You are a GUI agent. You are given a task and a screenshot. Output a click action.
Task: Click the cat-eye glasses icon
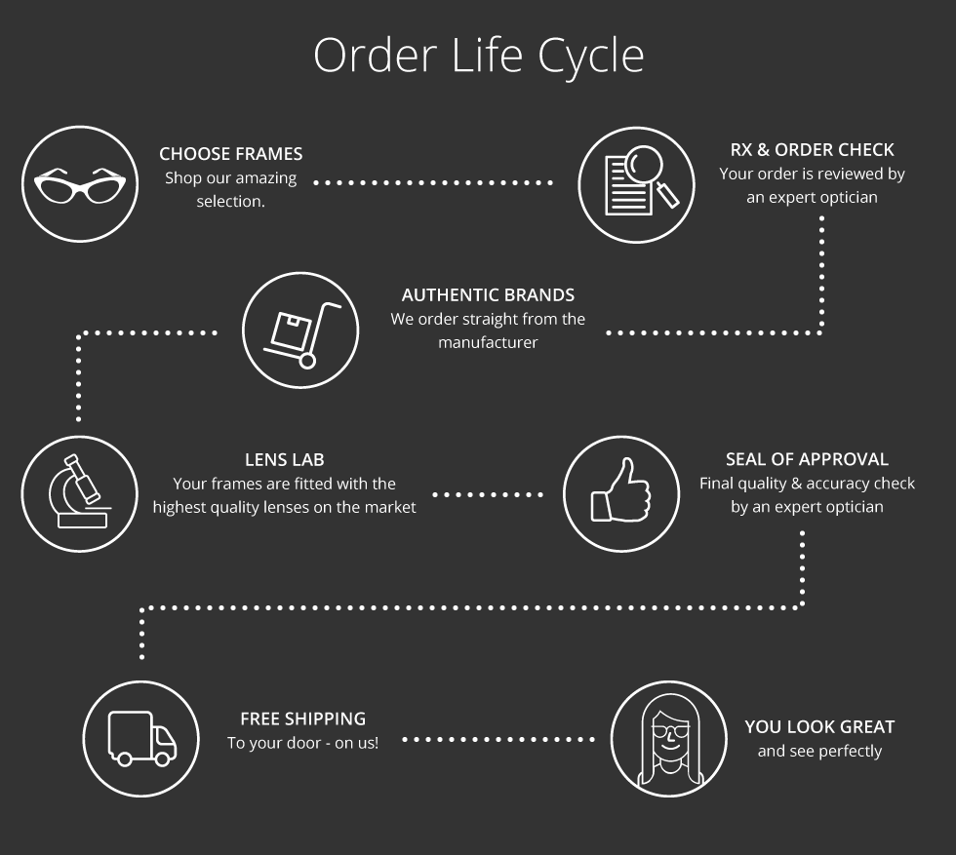point(80,184)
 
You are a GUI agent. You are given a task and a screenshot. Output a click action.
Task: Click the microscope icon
point(80,493)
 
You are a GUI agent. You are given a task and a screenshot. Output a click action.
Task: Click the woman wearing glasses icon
point(669,739)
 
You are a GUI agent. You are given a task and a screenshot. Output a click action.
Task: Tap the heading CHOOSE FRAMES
point(231,154)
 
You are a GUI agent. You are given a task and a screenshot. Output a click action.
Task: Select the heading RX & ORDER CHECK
point(812,150)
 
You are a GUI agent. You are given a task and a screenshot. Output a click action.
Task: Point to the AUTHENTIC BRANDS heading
point(488,295)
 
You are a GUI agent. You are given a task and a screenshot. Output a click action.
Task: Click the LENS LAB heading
point(285,459)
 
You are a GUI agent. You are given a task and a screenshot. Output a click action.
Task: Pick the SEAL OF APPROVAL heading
point(808,459)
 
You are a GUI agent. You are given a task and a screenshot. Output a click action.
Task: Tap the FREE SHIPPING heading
point(303,719)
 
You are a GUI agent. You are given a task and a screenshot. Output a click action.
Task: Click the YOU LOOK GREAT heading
point(819,726)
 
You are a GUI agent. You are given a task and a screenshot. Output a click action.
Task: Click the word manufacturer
point(488,342)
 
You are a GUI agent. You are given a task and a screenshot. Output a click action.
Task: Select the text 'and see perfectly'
point(819,751)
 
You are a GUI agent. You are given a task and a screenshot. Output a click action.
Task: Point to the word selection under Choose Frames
point(230,201)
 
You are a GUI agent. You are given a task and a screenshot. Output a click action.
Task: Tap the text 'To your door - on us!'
point(303,743)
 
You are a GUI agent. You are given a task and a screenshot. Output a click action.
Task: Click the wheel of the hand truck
point(307,362)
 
